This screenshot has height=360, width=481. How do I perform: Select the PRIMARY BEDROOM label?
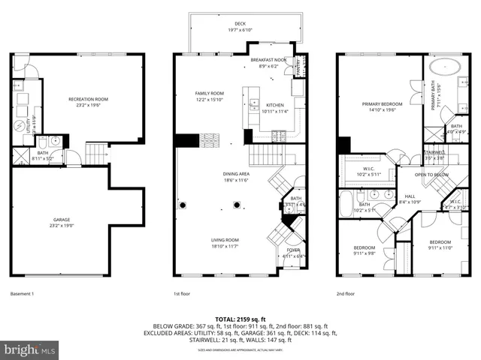tap(382, 104)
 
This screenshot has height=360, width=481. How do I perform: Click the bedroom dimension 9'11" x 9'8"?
tap(365, 253)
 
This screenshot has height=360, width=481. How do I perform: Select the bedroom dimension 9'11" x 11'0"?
tap(440, 247)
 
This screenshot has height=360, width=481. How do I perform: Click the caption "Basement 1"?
tap(23, 293)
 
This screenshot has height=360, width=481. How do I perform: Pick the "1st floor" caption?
tap(182, 293)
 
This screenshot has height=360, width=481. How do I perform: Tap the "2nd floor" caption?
tap(346, 293)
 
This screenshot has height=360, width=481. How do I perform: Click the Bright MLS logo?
tap(30, 349)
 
